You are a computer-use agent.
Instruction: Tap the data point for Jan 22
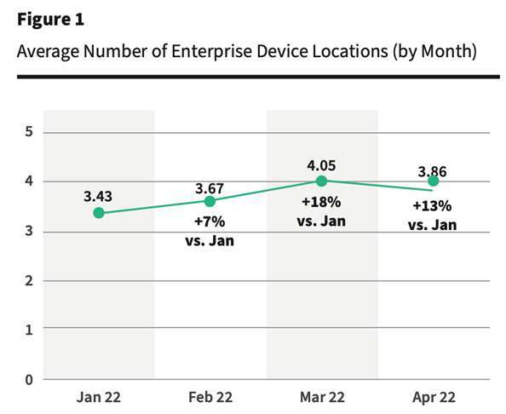tap(99, 213)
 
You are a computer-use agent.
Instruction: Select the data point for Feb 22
tap(210, 201)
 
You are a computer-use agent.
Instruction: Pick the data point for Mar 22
tap(321, 181)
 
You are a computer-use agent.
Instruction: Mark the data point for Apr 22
tap(433, 181)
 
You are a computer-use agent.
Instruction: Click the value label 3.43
tap(98, 196)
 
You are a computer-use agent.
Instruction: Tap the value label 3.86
tap(433, 170)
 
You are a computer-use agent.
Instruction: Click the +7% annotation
tap(210, 221)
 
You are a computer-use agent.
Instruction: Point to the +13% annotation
tap(433, 207)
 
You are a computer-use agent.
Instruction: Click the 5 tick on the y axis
tap(28, 132)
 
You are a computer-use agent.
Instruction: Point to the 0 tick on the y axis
tap(28, 378)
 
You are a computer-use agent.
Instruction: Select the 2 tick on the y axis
tap(28, 280)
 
